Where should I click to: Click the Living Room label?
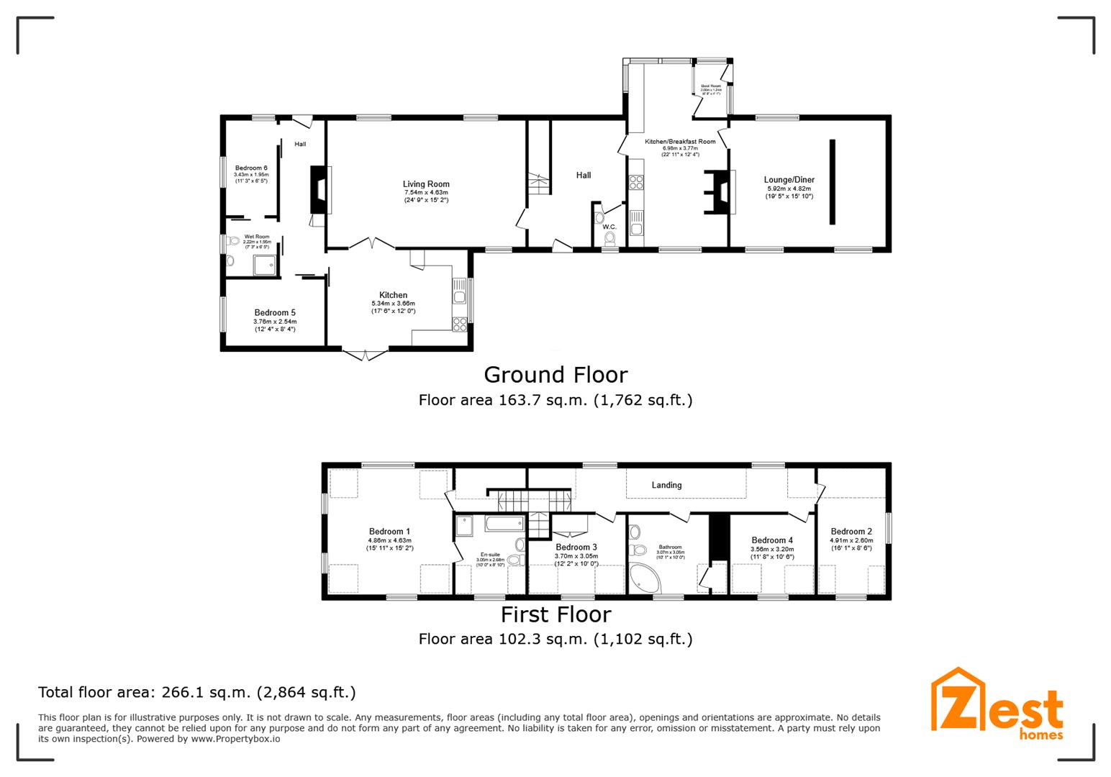pyautogui.click(x=426, y=184)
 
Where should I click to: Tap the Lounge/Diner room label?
pyautogui.click(x=789, y=180)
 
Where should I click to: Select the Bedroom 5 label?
pyautogui.click(x=275, y=313)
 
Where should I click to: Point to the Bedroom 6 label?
pyautogui.click(x=251, y=168)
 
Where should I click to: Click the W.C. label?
pyautogui.click(x=609, y=227)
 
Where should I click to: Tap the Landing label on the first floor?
pyautogui.click(x=666, y=485)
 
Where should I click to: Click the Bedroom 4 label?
pyautogui.click(x=772, y=540)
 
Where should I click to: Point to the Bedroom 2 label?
pyautogui.click(x=851, y=532)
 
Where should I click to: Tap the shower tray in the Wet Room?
pyautogui.click(x=265, y=265)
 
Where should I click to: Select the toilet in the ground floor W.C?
pyautogui.click(x=610, y=237)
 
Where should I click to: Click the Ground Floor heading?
pyautogui.click(x=555, y=375)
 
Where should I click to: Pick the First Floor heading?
pyautogui.click(x=555, y=614)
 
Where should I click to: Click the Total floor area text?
pyautogui.click(x=196, y=693)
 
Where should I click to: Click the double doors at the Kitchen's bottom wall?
pyautogui.click(x=366, y=354)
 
